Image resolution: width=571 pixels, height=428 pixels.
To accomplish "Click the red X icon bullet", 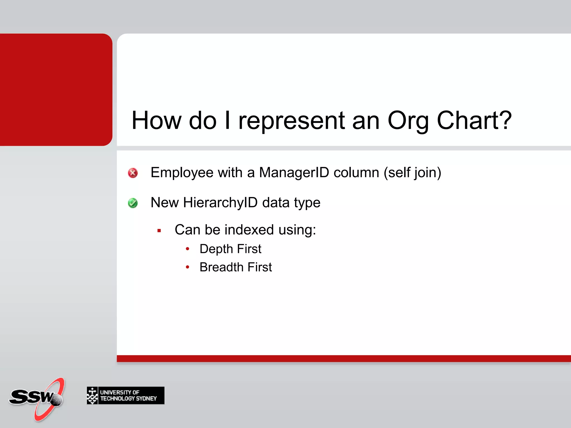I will click(133, 173).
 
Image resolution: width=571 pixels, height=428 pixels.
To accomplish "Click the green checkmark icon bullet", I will click(133, 203).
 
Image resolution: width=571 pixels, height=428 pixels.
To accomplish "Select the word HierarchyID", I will click(220, 203).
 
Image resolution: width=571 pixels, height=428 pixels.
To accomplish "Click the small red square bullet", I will click(159, 231).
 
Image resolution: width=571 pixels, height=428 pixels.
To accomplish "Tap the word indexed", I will click(249, 230).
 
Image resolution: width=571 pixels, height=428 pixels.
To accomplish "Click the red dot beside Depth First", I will click(188, 249).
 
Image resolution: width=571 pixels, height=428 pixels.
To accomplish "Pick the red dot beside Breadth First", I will click(188, 267).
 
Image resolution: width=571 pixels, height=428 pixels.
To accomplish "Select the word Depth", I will click(216, 249).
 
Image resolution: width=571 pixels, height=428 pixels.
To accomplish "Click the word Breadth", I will click(221, 267).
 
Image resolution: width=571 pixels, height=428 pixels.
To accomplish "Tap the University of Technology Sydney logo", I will click(125, 395).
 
